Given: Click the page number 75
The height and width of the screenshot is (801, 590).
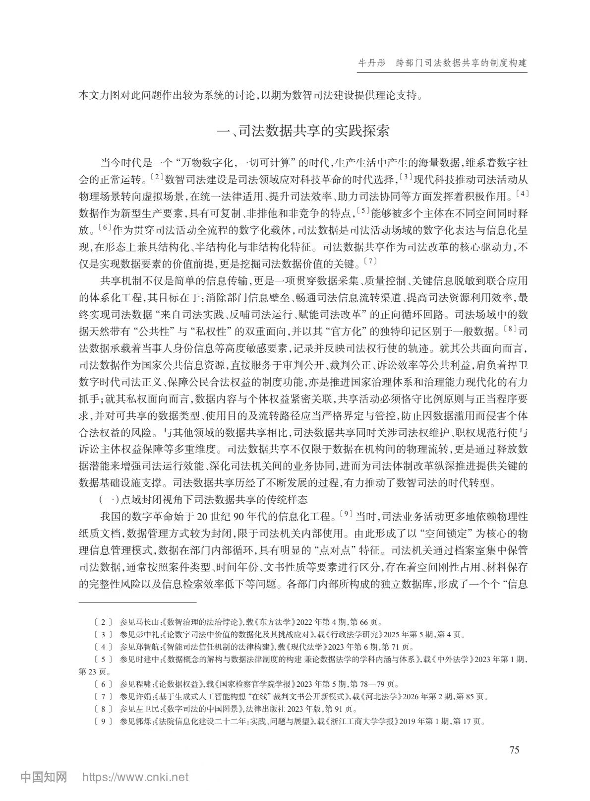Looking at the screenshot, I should coord(514,750).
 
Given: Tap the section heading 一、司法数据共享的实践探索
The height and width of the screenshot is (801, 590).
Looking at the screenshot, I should coord(304,131).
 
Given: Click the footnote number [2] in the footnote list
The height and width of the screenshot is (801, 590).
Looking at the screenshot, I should coord(103,621).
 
